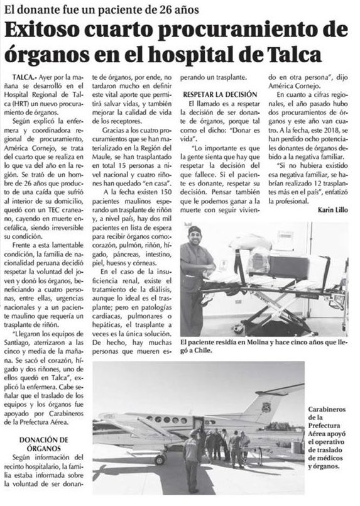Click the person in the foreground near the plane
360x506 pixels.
coord(191,462)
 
